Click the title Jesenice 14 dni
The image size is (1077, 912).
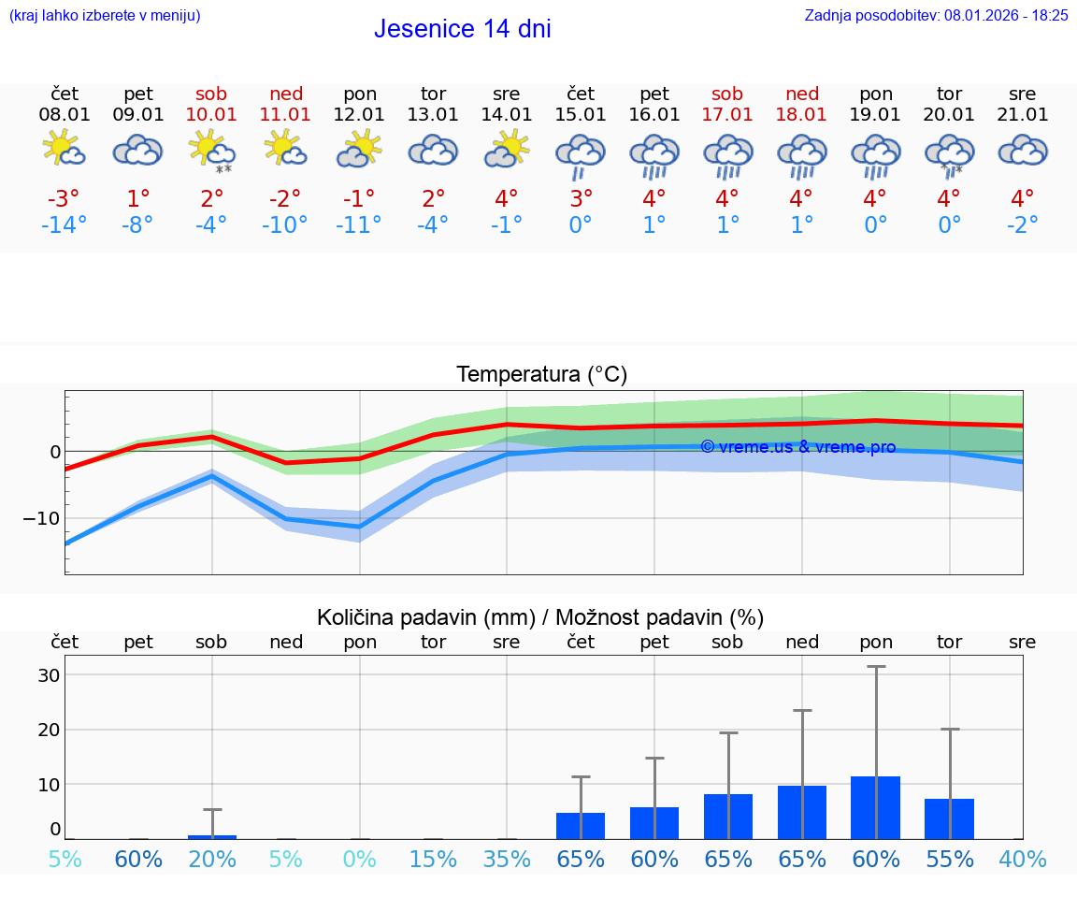pyautogui.click(x=462, y=29)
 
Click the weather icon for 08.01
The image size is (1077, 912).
pyautogui.click(x=65, y=149)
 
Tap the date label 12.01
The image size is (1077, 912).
pyautogui.click(x=360, y=115)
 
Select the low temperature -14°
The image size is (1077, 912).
pyautogui.click(x=65, y=224)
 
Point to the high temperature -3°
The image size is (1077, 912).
pyautogui.click(x=65, y=198)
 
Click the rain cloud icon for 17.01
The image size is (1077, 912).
pyautogui.click(x=727, y=154)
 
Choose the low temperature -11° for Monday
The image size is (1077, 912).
pyautogui.click(x=360, y=224)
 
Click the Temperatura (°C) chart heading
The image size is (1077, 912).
pyautogui.click(x=541, y=375)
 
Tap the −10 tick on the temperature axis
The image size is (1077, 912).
pyautogui.click(x=43, y=518)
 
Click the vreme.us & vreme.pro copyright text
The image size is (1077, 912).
pyautogui.click(x=797, y=447)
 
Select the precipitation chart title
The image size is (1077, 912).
pyautogui.click(x=540, y=617)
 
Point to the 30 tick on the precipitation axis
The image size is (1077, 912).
pyautogui.click(x=50, y=675)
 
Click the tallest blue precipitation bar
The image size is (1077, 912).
pyautogui.click(x=875, y=808)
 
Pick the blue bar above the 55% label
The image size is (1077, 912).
pyautogui.click(x=949, y=819)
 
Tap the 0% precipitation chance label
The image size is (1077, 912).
pyautogui.click(x=360, y=859)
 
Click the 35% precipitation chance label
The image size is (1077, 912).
pyautogui.click(x=507, y=859)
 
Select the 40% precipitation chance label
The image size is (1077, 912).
pyautogui.click(x=1023, y=859)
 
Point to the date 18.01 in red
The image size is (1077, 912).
pyautogui.click(x=801, y=115)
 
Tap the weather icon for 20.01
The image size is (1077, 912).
pyautogui.click(x=949, y=154)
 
